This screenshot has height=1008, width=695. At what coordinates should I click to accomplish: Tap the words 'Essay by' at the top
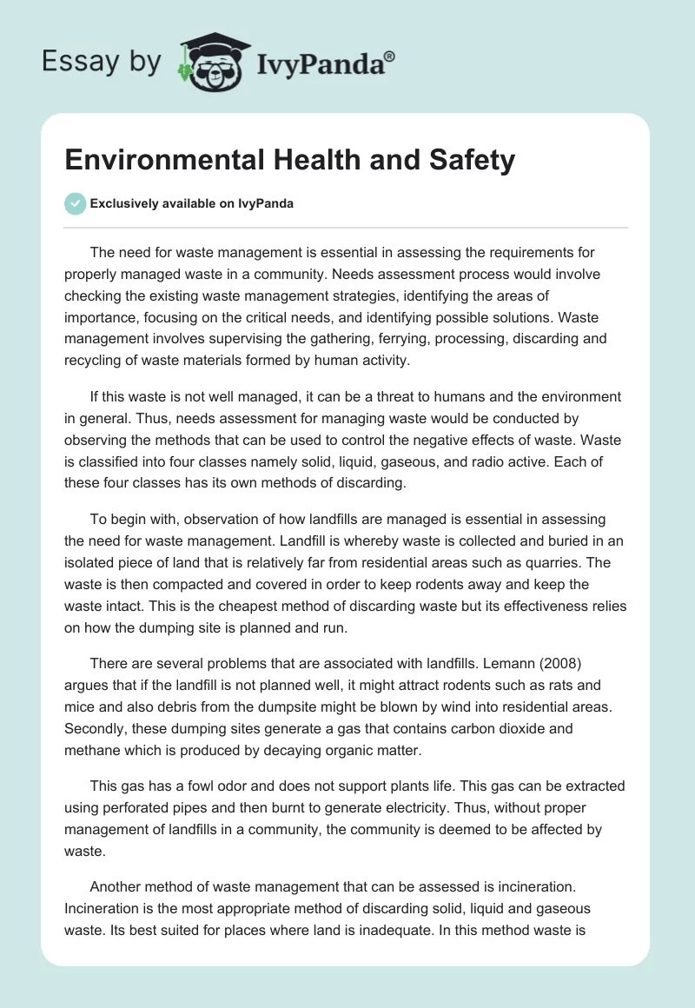[x=102, y=62]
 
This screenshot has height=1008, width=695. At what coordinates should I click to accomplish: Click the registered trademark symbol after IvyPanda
[x=390, y=57]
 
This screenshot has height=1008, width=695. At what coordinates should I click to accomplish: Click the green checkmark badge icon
[x=75, y=203]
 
